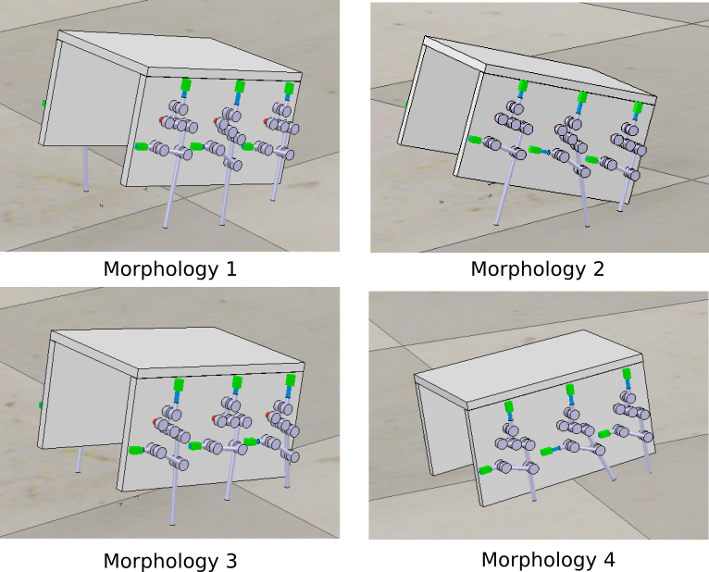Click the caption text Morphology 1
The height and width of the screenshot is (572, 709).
pyautogui.click(x=170, y=269)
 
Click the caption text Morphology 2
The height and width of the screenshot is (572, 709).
pyautogui.click(x=537, y=269)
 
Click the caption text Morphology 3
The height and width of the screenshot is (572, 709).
pyautogui.click(x=170, y=561)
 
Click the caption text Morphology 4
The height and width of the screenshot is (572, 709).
pyautogui.click(x=548, y=560)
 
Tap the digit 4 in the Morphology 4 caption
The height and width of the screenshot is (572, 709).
pyautogui.click(x=609, y=559)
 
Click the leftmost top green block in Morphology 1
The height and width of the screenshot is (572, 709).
pyautogui.click(x=185, y=84)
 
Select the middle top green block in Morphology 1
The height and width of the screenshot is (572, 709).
pyautogui.click(x=240, y=86)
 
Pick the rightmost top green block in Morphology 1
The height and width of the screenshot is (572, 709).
pyautogui.click(x=289, y=88)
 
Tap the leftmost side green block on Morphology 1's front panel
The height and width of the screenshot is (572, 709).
pyautogui.click(x=141, y=146)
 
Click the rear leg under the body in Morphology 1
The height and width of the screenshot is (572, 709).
pyautogui.click(x=85, y=168)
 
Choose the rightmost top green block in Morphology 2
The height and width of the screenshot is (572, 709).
pyautogui.click(x=638, y=107)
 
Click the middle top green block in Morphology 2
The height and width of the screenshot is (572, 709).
pyautogui.click(x=582, y=97)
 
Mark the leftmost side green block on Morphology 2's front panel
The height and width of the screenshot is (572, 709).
pyautogui.click(x=474, y=139)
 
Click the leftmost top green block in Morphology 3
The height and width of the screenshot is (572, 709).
pyautogui.click(x=179, y=385)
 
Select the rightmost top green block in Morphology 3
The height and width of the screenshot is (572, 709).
pyautogui.click(x=291, y=379)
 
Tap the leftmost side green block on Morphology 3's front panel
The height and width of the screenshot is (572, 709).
pyautogui.click(x=136, y=450)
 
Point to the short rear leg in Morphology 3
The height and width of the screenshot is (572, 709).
pyautogui.click(x=79, y=460)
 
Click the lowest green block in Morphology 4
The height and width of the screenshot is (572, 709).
pyautogui.click(x=485, y=470)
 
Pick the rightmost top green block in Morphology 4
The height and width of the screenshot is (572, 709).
pyautogui.click(x=627, y=374)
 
